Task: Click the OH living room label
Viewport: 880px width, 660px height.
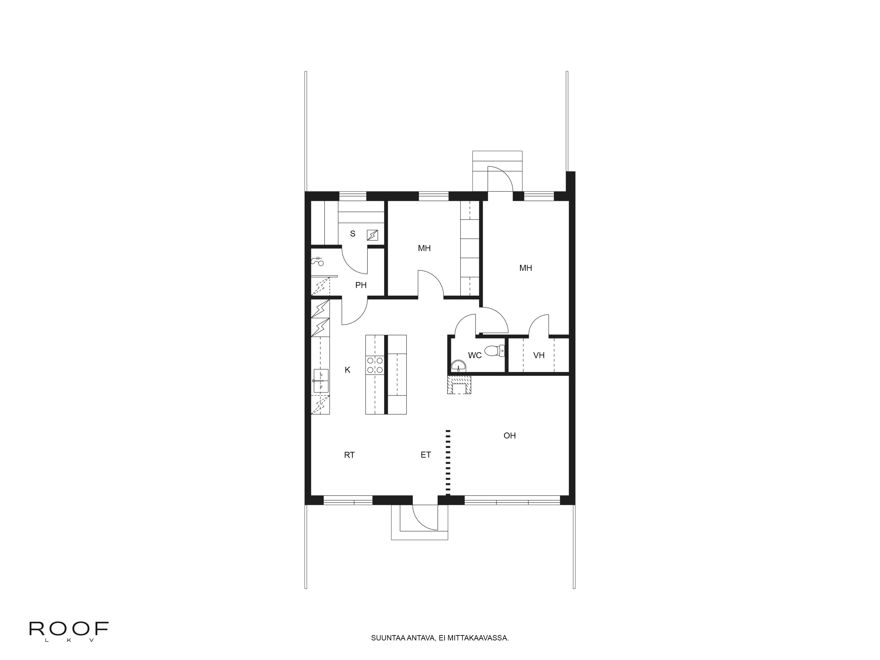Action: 510,436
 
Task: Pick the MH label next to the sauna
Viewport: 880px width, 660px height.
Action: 424,248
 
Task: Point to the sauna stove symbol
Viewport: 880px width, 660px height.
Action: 372,236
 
